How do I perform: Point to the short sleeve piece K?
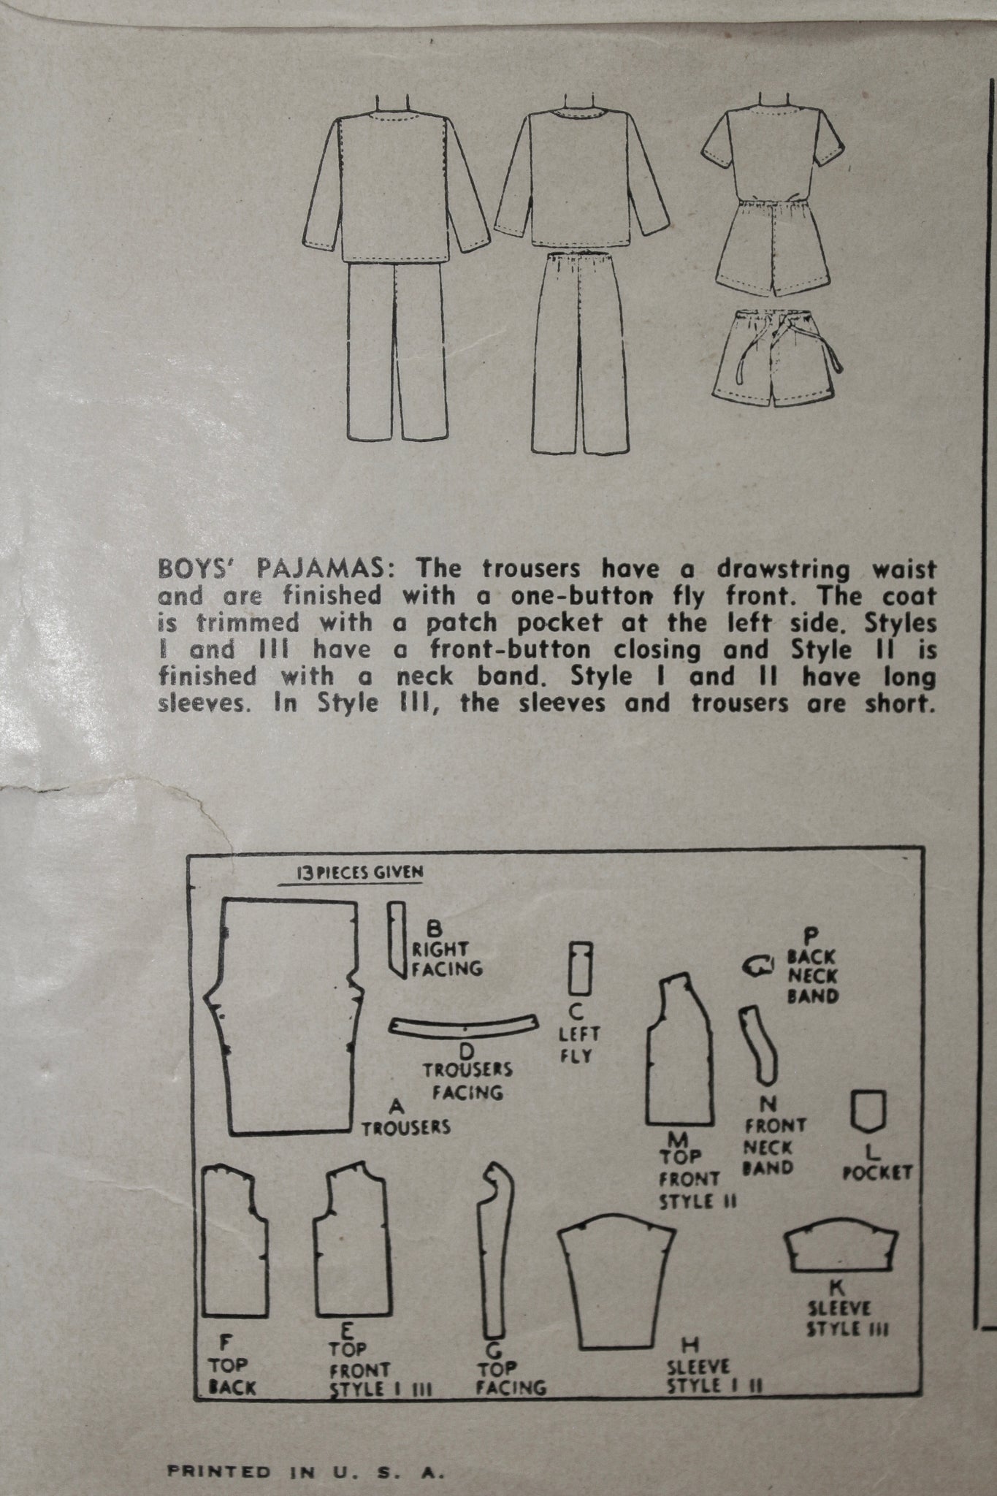pyautogui.click(x=841, y=1249)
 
